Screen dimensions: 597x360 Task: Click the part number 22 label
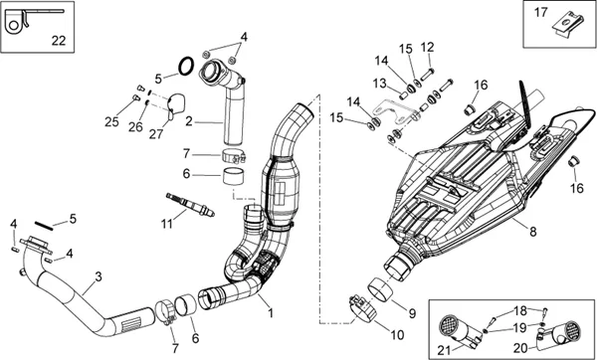click(59, 40)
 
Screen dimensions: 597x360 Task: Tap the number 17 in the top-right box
click(540, 13)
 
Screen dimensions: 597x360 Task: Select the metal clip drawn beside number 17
click(567, 26)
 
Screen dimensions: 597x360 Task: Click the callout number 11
click(166, 224)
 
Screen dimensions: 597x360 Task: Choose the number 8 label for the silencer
click(532, 231)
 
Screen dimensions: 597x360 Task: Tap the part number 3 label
click(99, 276)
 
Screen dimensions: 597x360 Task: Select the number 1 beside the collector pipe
click(271, 313)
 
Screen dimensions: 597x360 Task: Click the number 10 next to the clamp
click(396, 335)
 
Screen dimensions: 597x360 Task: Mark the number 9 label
click(412, 313)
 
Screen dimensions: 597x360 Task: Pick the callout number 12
click(427, 47)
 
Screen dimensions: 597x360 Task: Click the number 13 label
click(380, 83)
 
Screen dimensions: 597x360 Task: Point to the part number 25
click(111, 121)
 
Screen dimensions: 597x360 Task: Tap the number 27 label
click(156, 133)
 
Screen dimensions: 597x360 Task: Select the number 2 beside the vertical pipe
click(189, 121)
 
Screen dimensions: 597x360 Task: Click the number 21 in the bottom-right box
click(444, 350)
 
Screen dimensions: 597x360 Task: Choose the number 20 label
click(520, 348)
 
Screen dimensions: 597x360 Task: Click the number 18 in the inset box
click(520, 310)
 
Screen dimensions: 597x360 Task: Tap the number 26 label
click(135, 126)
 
